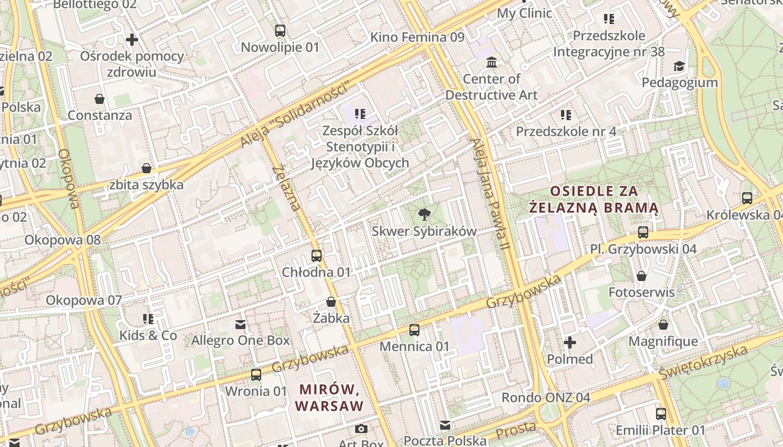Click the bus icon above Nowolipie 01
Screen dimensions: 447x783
coord(280,31)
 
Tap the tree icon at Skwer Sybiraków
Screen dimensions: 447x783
coord(424,214)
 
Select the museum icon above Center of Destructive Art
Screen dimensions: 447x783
coord(492,62)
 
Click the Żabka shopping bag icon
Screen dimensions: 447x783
coord(331,302)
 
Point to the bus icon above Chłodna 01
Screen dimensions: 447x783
coord(317,256)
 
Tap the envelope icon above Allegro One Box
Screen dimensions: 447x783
coord(240,324)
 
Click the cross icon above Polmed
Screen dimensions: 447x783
coord(570,342)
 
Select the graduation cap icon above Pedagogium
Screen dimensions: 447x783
coord(679,66)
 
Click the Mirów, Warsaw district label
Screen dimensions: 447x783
coord(329,397)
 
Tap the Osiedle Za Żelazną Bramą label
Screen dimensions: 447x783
coord(594,199)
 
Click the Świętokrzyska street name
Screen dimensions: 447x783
coord(703,362)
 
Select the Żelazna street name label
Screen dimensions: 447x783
coord(286,188)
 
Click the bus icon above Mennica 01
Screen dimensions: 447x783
coord(414,330)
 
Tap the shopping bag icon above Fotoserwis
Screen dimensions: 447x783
coord(642,276)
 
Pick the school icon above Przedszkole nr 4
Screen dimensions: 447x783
coord(566,115)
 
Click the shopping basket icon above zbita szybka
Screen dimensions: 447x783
coord(147,168)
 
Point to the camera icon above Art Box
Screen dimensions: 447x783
coord(361,429)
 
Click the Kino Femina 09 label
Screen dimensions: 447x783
coord(417,37)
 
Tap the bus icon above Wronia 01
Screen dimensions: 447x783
coord(256,374)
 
